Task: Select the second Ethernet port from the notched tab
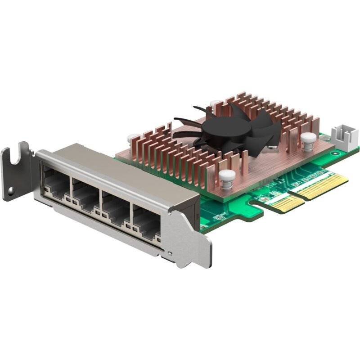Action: [86, 193]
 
